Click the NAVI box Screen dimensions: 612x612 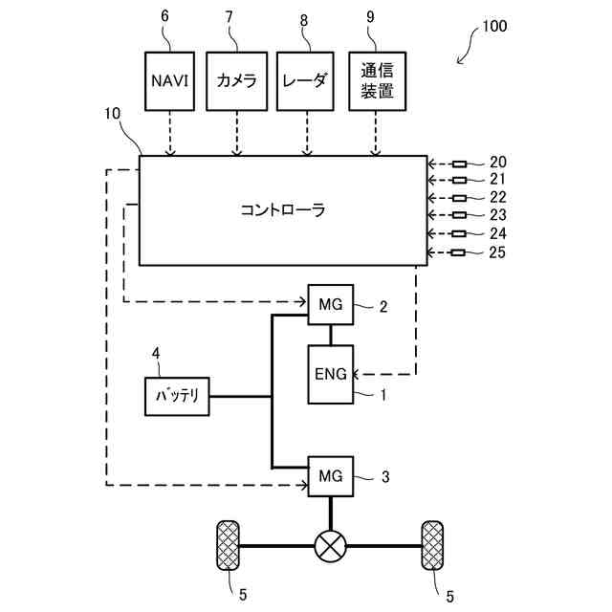(169, 81)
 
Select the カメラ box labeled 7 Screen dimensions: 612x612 (236, 81)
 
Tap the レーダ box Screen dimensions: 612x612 (305, 81)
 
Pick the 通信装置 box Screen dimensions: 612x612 (377, 81)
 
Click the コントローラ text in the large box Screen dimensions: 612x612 (283, 210)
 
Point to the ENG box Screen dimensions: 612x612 (331, 374)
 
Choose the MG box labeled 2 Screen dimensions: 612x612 (331, 304)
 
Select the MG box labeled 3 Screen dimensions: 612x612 (331, 476)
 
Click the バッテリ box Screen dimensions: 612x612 (177, 396)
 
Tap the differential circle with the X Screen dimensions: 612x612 (331, 546)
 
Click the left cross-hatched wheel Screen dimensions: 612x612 (228, 545)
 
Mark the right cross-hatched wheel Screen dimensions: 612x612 (432, 545)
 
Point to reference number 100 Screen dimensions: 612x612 (494, 26)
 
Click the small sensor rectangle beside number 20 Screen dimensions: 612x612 (459, 164)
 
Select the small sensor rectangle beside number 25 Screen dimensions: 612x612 (458, 252)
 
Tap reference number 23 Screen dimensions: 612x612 (498, 214)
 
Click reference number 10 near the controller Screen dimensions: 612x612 (112, 114)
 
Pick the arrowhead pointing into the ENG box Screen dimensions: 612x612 (355, 375)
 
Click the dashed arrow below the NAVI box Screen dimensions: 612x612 (170, 133)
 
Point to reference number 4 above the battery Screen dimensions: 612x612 (156, 353)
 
